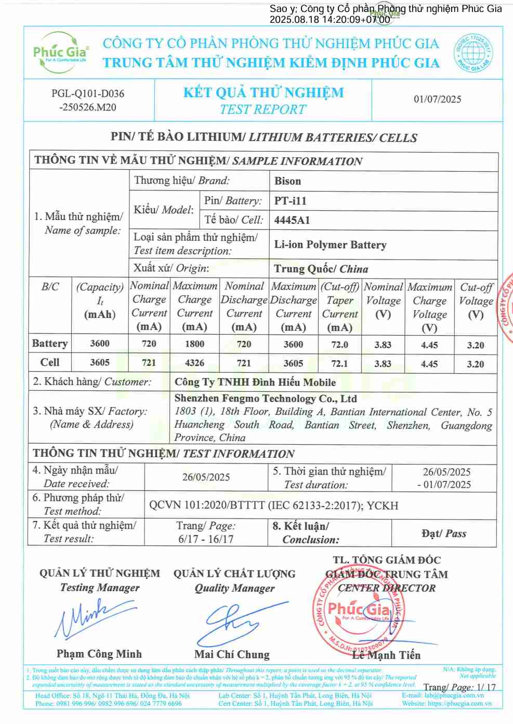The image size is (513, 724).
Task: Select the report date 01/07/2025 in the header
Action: coord(437,99)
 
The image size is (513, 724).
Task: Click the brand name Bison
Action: coord(287,181)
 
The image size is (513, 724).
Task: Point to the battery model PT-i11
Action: coord(290,201)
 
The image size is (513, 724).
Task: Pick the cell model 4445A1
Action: coord(292,220)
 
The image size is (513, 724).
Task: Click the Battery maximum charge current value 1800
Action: coord(194,344)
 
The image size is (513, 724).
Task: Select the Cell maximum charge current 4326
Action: coord(194,363)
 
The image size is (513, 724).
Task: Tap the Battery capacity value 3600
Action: coord(99,343)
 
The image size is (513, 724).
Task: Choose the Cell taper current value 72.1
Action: coord(339,363)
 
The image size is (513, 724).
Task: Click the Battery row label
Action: coord(49,344)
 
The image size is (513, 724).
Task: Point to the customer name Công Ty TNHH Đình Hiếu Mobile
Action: coord(255,383)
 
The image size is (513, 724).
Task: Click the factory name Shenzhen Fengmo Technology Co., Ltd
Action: coord(265,399)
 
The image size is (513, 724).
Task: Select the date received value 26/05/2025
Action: coord(206,477)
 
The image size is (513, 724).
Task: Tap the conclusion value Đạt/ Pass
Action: coord(443,534)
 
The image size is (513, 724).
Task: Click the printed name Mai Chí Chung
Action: coord(232,654)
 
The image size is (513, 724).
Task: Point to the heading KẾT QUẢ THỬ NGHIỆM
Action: coord(264,93)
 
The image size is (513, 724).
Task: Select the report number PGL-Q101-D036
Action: coord(87,94)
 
